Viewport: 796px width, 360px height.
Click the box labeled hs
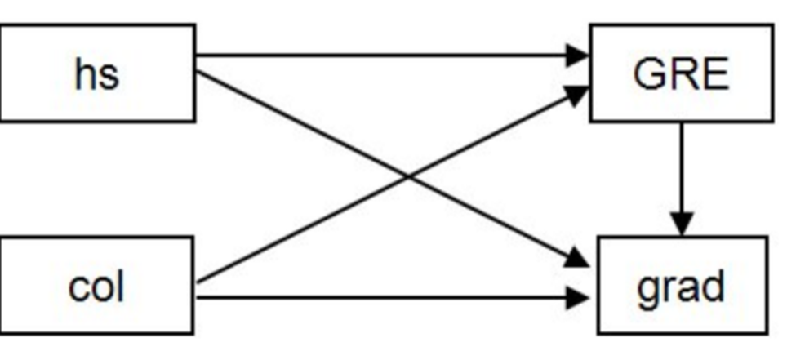coord(96,73)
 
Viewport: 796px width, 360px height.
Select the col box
coord(96,286)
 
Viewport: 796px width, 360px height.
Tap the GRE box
coord(681,73)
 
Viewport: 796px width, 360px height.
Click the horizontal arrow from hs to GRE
coord(384,56)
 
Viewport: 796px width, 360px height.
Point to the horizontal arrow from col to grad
coord(384,297)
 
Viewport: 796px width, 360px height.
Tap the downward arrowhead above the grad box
coord(683,222)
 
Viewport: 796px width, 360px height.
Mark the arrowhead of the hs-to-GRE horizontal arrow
coord(578,56)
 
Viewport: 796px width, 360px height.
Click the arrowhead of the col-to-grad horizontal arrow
coord(578,297)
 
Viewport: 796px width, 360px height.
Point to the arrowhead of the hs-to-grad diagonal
coord(576,260)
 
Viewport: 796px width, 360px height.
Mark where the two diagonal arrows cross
coord(407,176)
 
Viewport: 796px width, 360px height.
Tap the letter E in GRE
coord(714,75)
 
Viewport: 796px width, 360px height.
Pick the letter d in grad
coord(712,286)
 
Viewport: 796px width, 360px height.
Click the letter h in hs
coord(85,73)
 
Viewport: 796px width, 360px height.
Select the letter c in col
coord(78,288)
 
